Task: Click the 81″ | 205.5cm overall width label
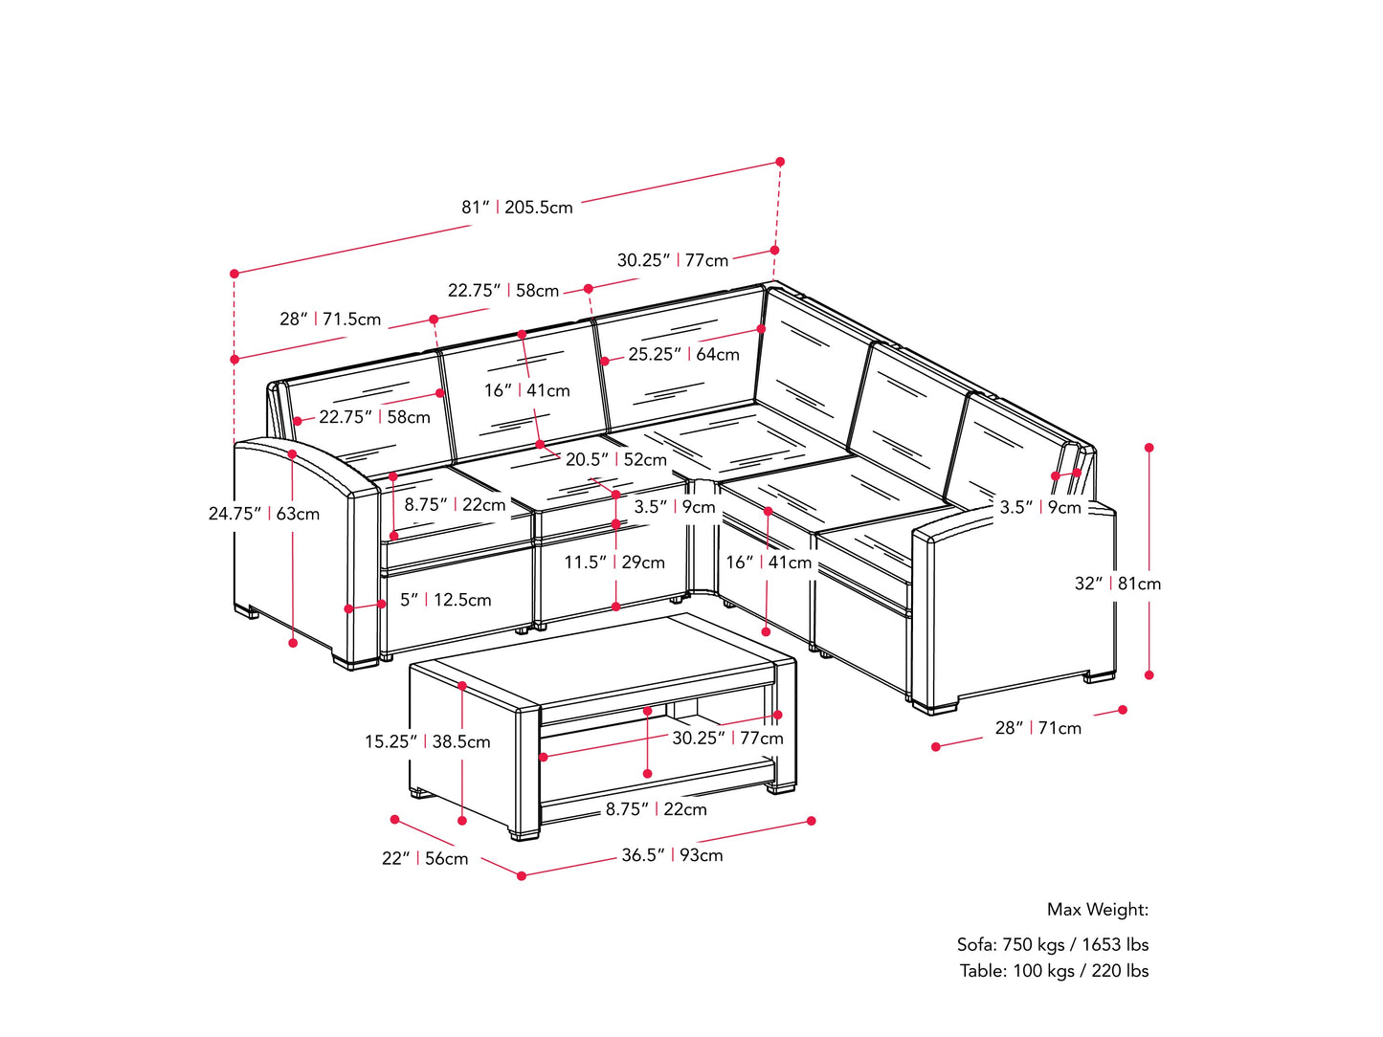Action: (517, 208)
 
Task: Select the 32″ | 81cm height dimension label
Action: (1117, 584)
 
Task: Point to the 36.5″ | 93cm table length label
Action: (672, 855)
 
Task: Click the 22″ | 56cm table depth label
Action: (425, 859)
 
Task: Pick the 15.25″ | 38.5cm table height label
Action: (427, 741)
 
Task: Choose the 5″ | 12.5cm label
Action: (445, 600)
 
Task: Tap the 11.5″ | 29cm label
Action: (613, 563)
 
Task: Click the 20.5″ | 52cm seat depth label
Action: (615, 459)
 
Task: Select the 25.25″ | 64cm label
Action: (683, 354)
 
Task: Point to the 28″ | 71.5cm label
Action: (330, 320)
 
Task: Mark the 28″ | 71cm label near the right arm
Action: (1037, 728)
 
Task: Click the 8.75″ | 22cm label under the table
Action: (656, 809)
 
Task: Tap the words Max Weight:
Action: (1097, 910)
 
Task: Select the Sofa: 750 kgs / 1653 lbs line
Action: (1052, 944)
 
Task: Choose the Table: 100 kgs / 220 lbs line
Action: (1054, 970)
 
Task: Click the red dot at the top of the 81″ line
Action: (780, 162)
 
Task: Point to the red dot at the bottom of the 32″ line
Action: (1149, 675)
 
